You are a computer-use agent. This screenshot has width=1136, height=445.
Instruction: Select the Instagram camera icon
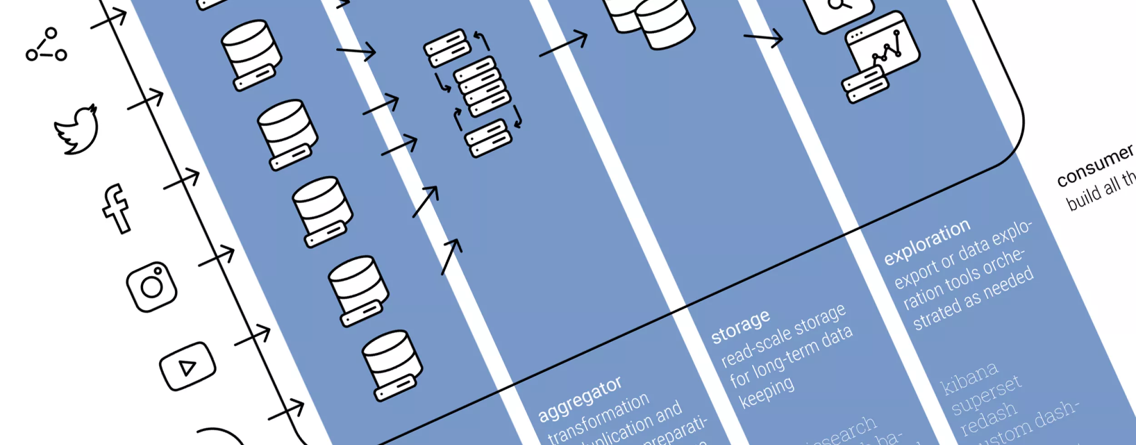[152, 287]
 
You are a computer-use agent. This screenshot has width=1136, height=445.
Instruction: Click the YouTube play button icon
[187, 366]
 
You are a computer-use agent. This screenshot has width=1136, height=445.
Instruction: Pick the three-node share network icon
[46, 46]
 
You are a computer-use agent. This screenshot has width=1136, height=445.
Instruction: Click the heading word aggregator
[579, 400]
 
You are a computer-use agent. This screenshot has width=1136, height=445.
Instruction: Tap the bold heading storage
[740, 326]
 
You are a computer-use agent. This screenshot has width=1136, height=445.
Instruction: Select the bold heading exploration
[927, 242]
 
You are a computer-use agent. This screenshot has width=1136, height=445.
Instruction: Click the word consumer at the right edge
[1095, 166]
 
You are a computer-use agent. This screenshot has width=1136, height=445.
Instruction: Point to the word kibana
[969, 379]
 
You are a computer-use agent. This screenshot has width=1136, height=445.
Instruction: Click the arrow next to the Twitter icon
[145, 100]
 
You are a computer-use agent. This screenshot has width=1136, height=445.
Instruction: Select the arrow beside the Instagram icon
[217, 257]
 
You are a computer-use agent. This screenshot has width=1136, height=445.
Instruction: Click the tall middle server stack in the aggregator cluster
[482, 86]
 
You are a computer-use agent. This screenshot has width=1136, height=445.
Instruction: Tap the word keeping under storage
[766, 393]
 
